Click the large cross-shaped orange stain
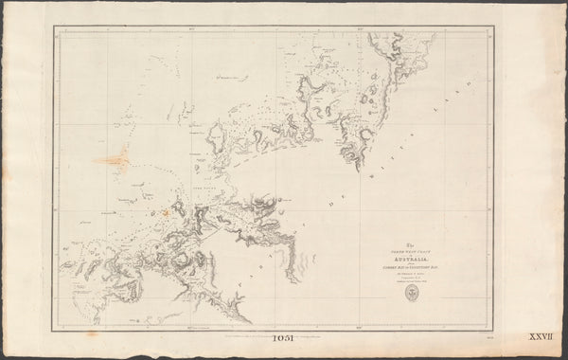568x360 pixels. pos(115,159)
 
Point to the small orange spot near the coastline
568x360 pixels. pos(168,212)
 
